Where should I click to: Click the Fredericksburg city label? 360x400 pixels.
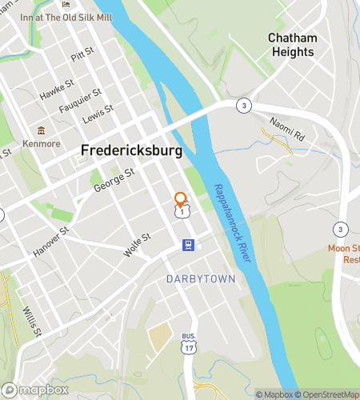(x=131, y=150)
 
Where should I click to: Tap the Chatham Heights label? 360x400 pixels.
(x=292, y=45)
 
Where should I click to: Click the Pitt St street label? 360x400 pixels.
(x=82, y=56)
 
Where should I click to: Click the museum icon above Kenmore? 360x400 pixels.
(x=41, y=130)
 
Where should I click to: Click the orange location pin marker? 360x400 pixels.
(x=181, y=199)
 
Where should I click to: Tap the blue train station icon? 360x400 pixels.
(x=187, y=246)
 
